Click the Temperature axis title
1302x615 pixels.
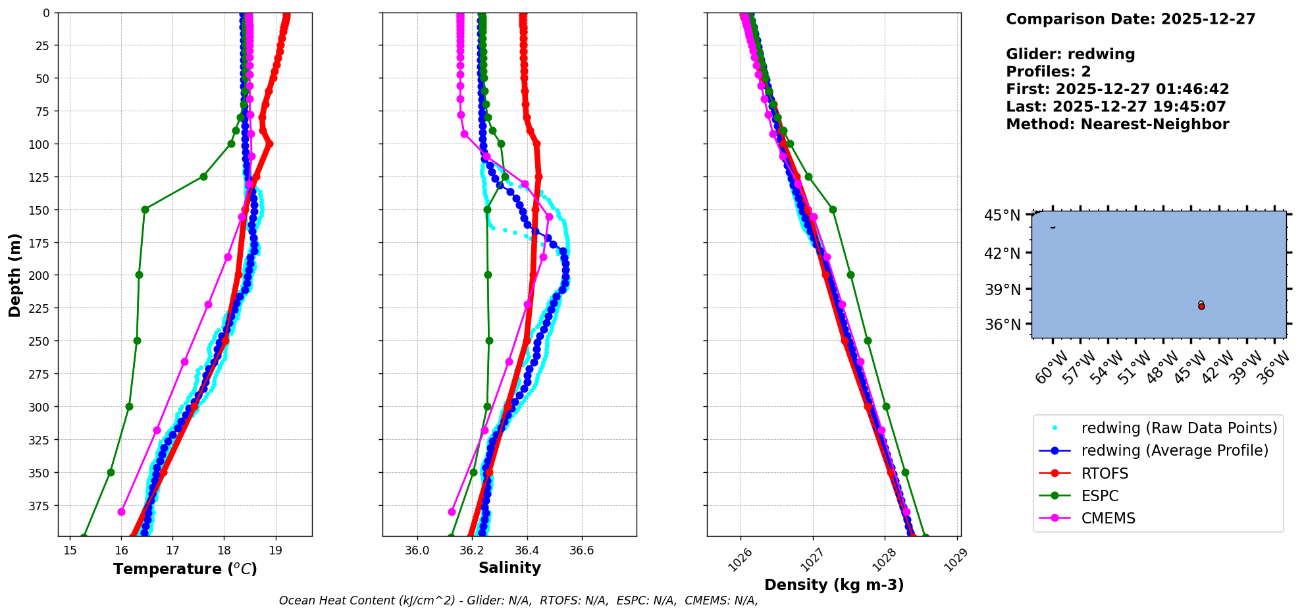pos(185,569)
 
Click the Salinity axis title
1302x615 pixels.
pos(509,568)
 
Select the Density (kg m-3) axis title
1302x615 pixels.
pos(834,585)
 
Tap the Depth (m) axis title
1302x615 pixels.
pos(15,275)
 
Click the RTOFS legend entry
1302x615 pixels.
pos(1105,473)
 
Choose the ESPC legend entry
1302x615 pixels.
pos(1100,496)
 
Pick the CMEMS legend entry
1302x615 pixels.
pos(1108,518)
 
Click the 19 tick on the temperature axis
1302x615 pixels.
pos(276,550)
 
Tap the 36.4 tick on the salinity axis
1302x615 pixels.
pos(527,550)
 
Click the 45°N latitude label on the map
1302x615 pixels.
pos(1002,215)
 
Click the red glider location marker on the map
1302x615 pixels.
pos(1201,306)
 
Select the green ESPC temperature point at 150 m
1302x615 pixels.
pos(145,209)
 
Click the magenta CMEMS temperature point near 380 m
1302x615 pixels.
pos(121,512)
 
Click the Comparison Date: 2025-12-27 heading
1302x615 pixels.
pos(1130,19)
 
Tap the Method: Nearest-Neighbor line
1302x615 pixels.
pos(1117,124)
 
